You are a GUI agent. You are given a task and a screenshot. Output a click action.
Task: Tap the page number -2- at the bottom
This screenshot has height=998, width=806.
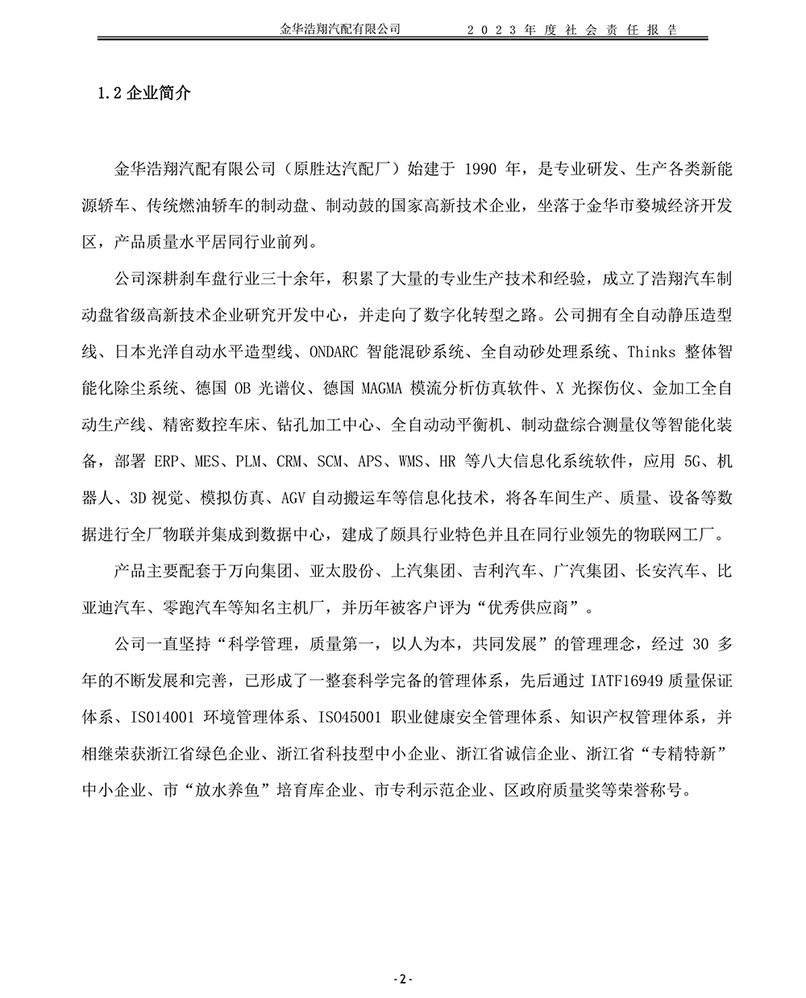(402, 979)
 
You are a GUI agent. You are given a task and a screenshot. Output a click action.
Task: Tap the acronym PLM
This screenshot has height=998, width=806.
(249, 462)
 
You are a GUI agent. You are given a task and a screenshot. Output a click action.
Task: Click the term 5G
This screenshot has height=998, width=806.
(694, 462)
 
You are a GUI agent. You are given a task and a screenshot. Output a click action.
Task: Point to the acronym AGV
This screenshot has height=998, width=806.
(293, 498)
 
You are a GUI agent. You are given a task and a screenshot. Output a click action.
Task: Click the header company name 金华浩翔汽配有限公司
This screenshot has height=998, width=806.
(340, 29)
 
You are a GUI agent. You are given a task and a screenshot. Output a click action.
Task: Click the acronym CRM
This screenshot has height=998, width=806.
(289, 462)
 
